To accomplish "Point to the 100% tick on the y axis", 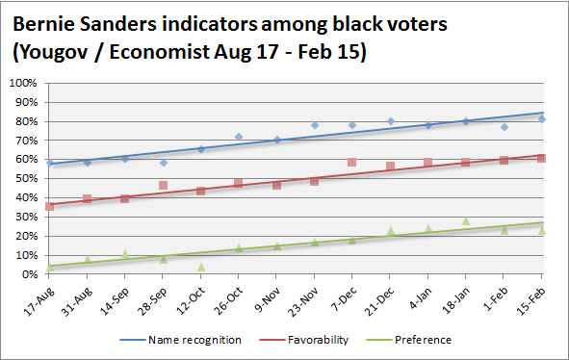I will (23, 83).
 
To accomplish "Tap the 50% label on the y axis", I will (26, 178).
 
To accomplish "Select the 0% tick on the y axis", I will (29, 274).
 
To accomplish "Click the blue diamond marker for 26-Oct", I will (239, 137).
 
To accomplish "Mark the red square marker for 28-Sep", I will (163, 185).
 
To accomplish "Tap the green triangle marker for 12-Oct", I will (201, 267).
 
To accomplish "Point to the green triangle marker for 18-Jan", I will (466, 220).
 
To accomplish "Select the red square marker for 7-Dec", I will (352, 163).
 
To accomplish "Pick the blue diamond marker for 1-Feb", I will (504, 127).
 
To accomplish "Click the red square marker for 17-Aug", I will (49, 206).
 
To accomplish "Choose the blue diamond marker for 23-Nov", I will (314, 125).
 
